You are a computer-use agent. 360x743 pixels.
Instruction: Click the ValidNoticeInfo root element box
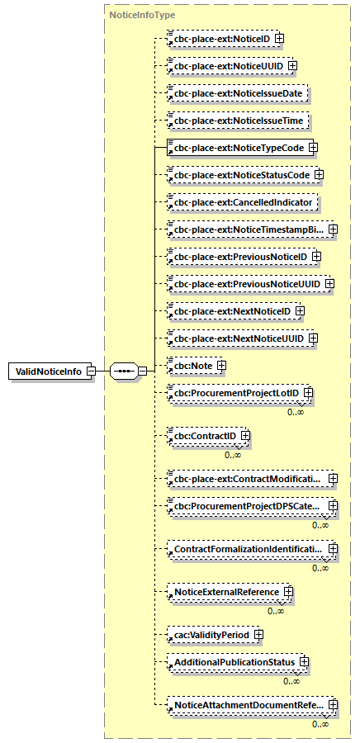pos(48,371)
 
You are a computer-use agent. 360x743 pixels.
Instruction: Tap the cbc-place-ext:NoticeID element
pos(220,38)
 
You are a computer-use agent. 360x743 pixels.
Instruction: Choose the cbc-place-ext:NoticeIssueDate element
pos(238,93)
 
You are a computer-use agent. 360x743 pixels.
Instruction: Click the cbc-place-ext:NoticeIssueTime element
pos(238,121)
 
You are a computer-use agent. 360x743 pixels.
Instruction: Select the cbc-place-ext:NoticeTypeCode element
pos(236,148)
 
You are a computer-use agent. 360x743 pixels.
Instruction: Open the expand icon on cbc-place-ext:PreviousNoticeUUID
pos(329,284)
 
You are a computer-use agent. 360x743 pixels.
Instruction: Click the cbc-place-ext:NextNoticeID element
pos(230,311)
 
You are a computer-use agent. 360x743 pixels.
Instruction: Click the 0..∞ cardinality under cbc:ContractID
pos(234,454)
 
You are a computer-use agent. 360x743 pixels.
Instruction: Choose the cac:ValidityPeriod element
pos(210,634)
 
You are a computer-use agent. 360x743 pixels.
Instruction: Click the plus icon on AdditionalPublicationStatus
pos(305,662)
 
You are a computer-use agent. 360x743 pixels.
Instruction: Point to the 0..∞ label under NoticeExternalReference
pos(276,611)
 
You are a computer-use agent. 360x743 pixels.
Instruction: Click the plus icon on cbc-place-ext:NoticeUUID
pos(292,65)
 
